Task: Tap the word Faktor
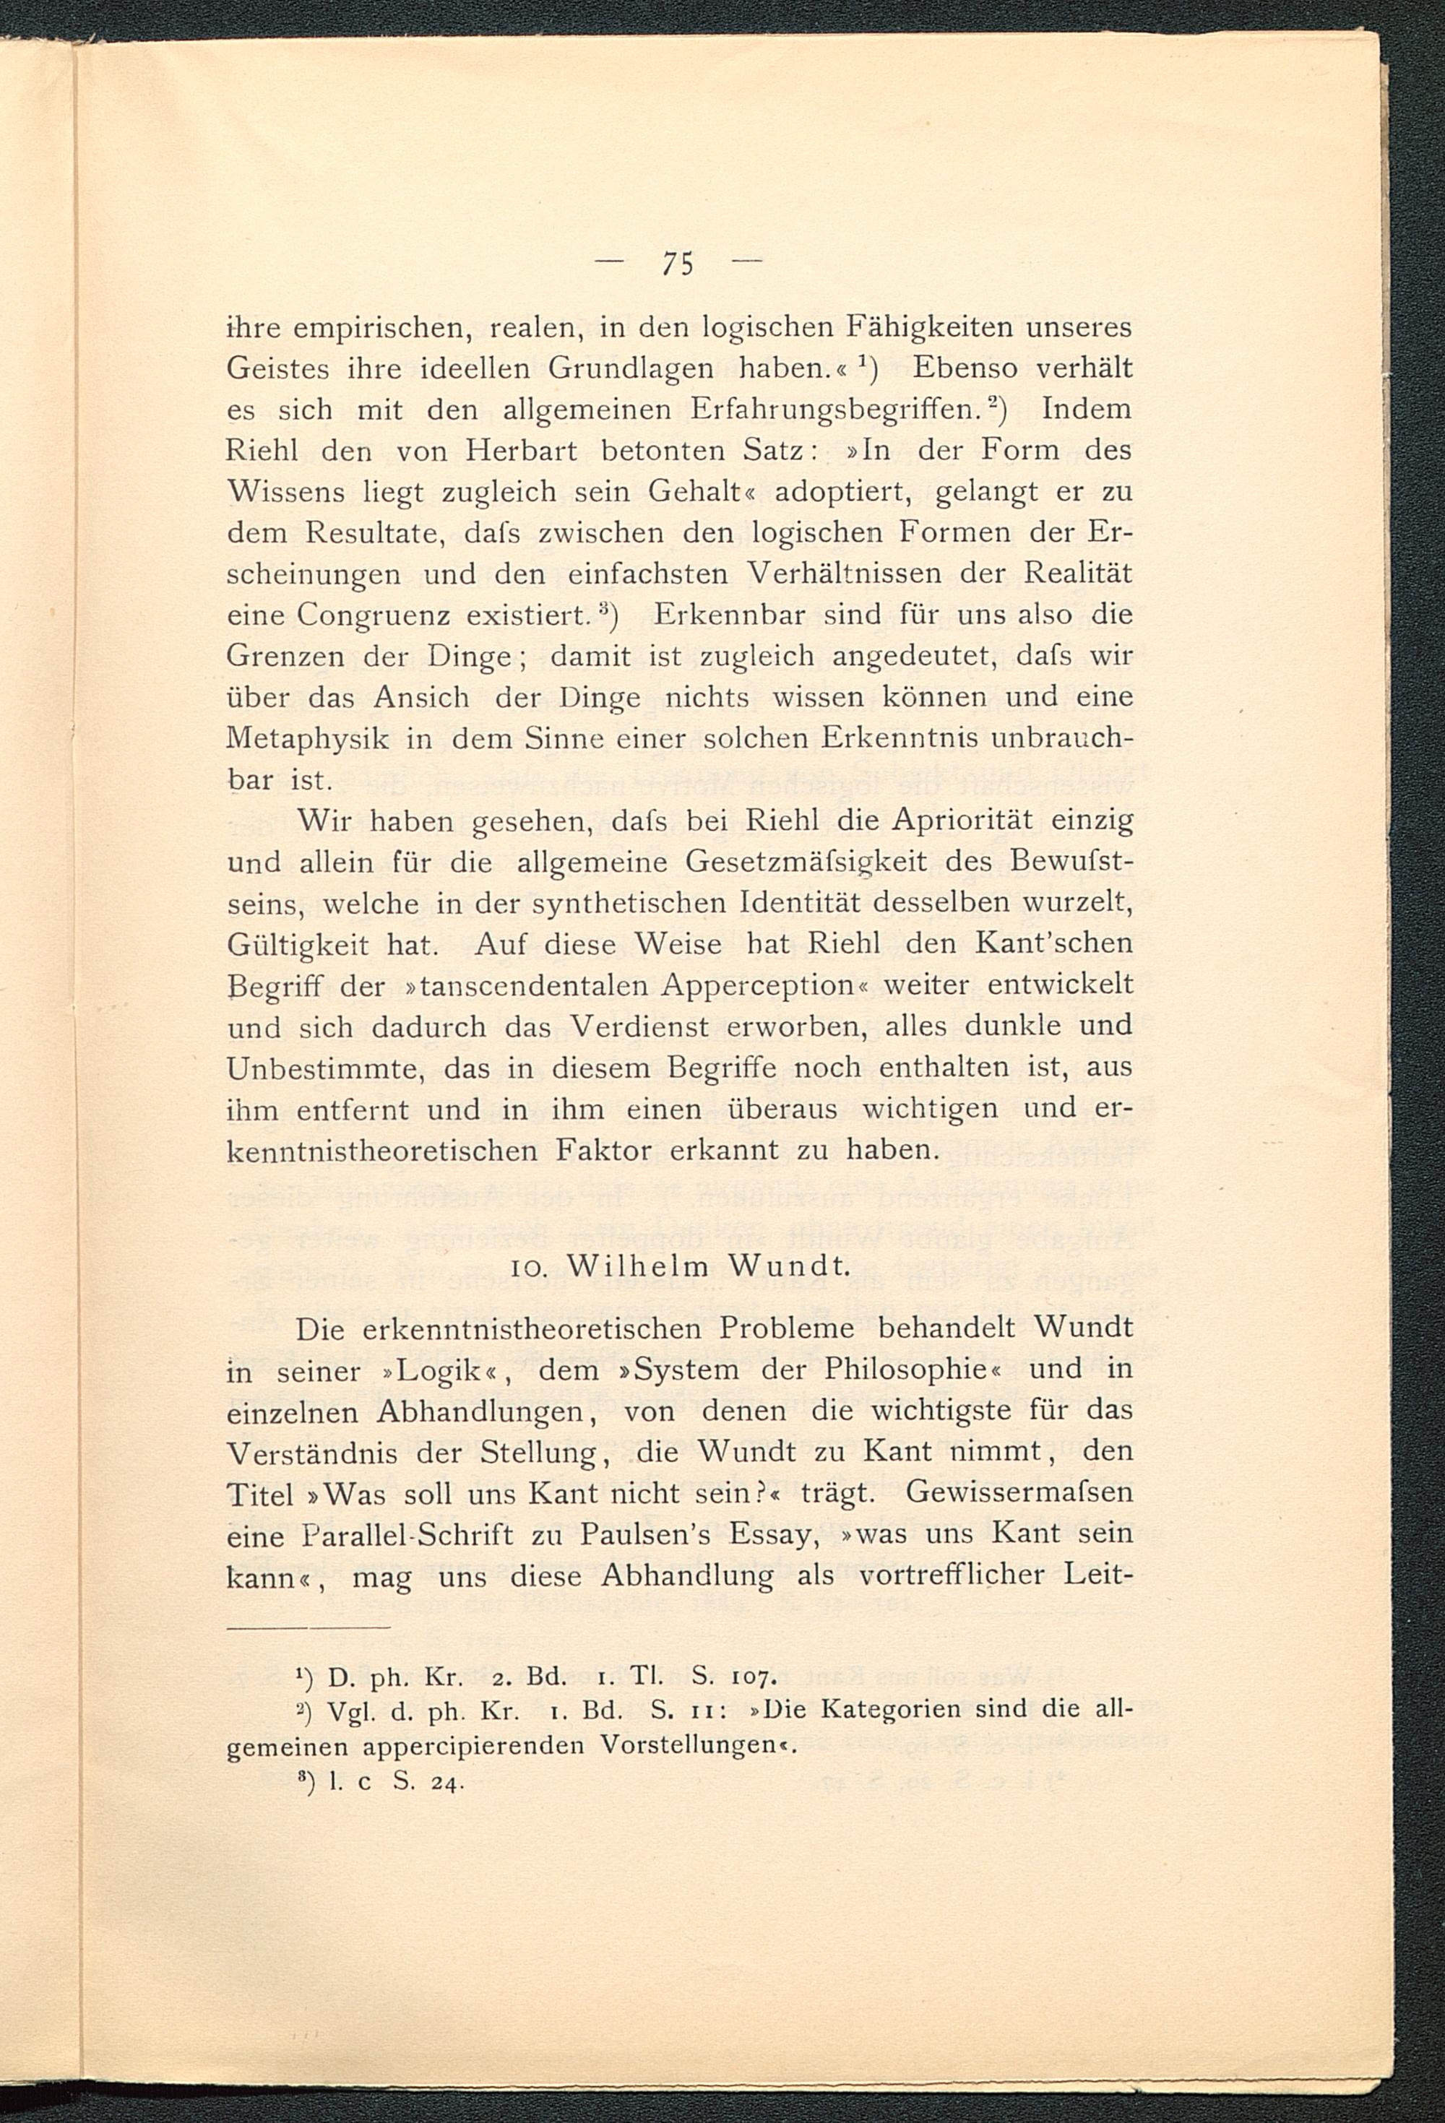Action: click(604, 1150)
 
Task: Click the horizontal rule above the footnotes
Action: click(308, 1627)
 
